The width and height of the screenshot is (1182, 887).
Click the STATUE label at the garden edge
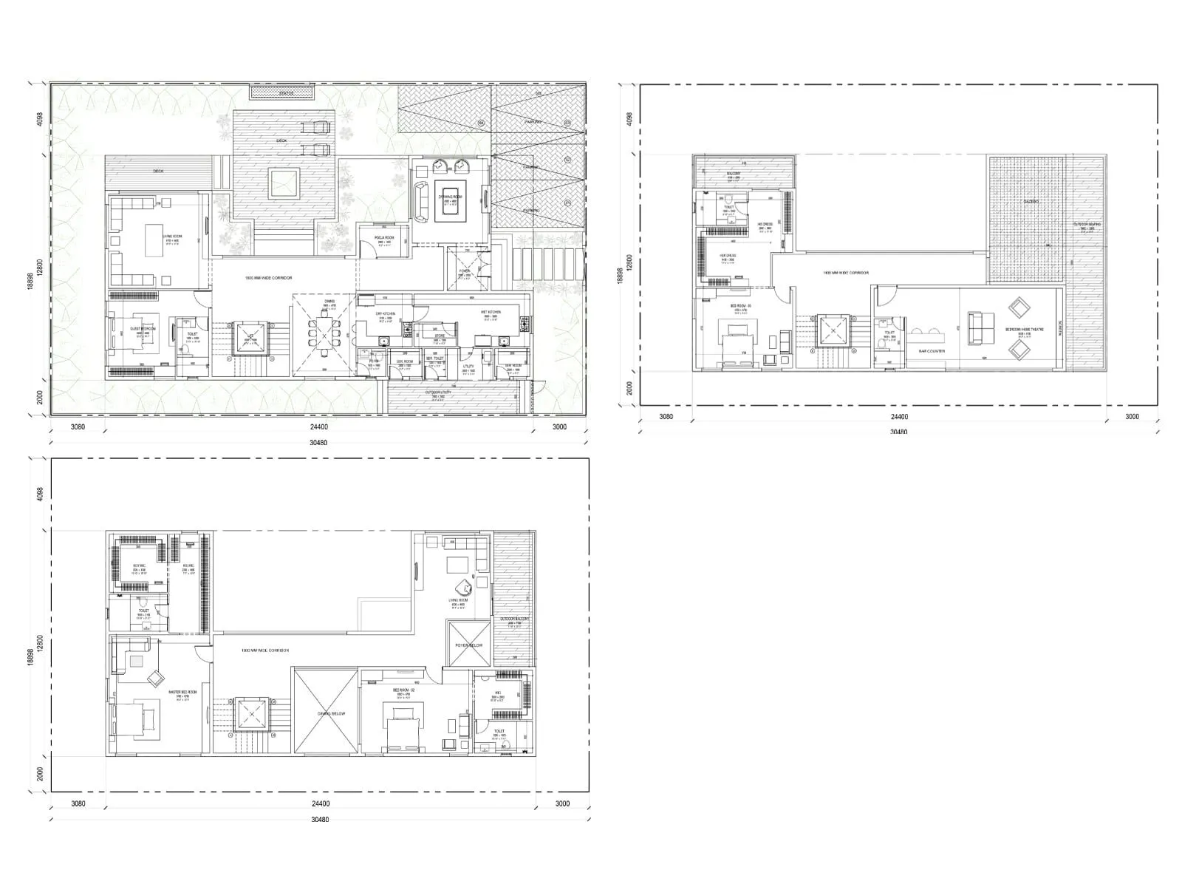pos(286,93)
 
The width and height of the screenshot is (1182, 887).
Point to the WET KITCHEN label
pos(490,312)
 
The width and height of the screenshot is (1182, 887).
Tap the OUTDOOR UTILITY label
pos(438,392)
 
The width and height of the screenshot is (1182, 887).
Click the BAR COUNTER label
pos(932,351)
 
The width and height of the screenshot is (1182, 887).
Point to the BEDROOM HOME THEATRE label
pos(1024,330)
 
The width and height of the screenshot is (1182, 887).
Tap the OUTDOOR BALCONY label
pos(514,619)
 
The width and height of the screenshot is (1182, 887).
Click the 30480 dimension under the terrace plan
pos(898,432)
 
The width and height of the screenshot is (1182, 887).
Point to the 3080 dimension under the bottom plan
pos(78,803)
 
